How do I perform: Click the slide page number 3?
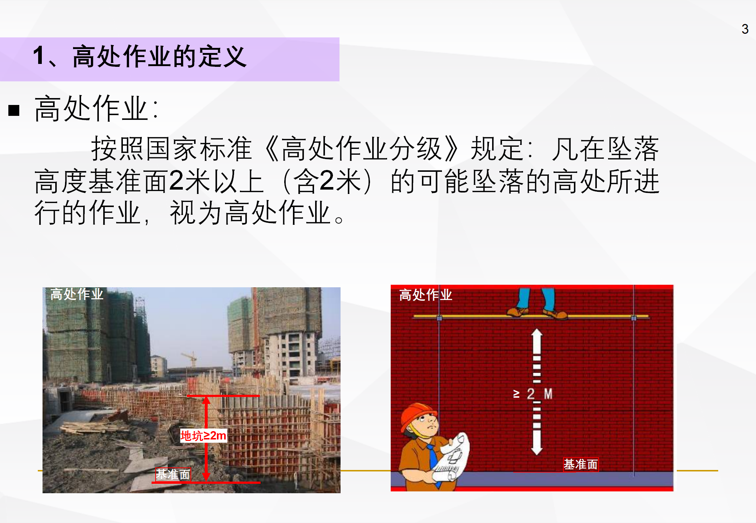coord(745,29)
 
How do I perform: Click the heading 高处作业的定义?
coord(160,57)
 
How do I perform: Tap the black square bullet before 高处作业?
coord(14,110)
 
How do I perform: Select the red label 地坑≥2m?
coord(204,435)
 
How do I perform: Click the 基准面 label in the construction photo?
coord(173,474)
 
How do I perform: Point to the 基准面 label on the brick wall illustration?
coord(580,464)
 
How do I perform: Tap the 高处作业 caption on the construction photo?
coord(77,294)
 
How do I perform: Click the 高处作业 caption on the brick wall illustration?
coord(426,295)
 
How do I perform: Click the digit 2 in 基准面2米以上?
coord(177,181)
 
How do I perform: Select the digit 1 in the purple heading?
coord(39,56)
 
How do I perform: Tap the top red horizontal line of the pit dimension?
coord(223,396)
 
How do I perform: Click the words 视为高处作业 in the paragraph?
coord(250,213)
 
